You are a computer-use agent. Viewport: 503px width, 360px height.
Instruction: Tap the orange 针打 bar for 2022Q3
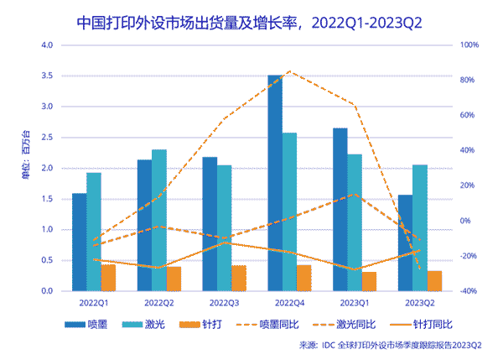[x=239, y=278]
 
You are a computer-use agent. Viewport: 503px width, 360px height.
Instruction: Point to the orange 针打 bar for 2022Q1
[x=108, y=277]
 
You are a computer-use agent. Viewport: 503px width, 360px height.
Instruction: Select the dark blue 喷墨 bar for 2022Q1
[x=80, y=242]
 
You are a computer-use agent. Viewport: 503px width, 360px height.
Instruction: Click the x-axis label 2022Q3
[x=225, y=301]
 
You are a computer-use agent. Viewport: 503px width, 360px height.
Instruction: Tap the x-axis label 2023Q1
[x=355, y=301]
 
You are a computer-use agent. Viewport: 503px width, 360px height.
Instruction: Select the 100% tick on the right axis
[x=468, y=44]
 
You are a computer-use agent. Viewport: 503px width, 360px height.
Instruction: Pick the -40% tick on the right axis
[x=468, y=291]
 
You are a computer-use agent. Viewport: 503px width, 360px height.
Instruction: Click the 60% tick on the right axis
[x=466, y=115]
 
